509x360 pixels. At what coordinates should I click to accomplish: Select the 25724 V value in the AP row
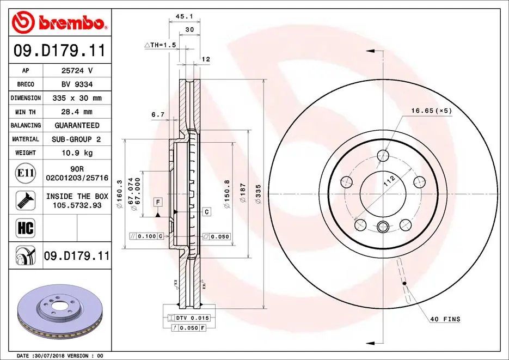(76, 71)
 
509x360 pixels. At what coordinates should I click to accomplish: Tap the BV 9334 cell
(76, 84)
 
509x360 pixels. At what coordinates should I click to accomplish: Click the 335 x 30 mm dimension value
(76, 98)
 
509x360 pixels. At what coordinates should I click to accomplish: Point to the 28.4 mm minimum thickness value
(76, 112)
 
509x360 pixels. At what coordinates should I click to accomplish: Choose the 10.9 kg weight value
(76, 153)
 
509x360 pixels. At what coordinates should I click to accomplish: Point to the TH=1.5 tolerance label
(160, 45)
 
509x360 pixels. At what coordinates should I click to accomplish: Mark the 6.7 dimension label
(158, 114)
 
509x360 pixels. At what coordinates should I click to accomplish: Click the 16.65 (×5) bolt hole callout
(431, 111)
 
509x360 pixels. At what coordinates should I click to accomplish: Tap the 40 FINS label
(445, 319)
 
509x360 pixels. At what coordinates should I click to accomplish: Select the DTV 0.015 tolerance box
(189, 318)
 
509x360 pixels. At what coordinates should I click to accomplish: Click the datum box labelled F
(157, 203)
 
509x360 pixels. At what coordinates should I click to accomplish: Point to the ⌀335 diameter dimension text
(259, 194)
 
